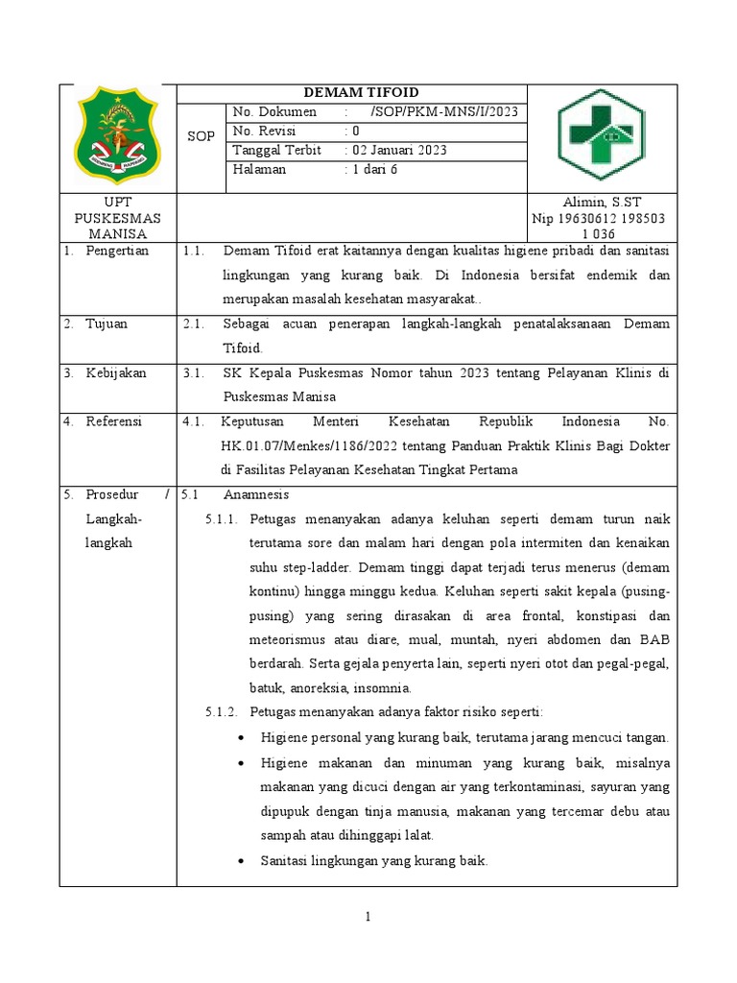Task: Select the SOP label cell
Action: click(201, 136)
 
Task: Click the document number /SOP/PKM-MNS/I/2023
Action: click(443, 112)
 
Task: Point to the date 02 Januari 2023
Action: click(398, 151)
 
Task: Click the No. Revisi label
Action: click(264, 132)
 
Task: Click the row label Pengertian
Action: click(117, 251)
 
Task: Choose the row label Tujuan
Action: click(107, 324)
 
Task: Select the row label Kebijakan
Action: click(116, 372)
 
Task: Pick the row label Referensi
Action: click(114, 421)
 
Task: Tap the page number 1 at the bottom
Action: click(368, 919)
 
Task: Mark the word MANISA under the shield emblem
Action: click(117, 233)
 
